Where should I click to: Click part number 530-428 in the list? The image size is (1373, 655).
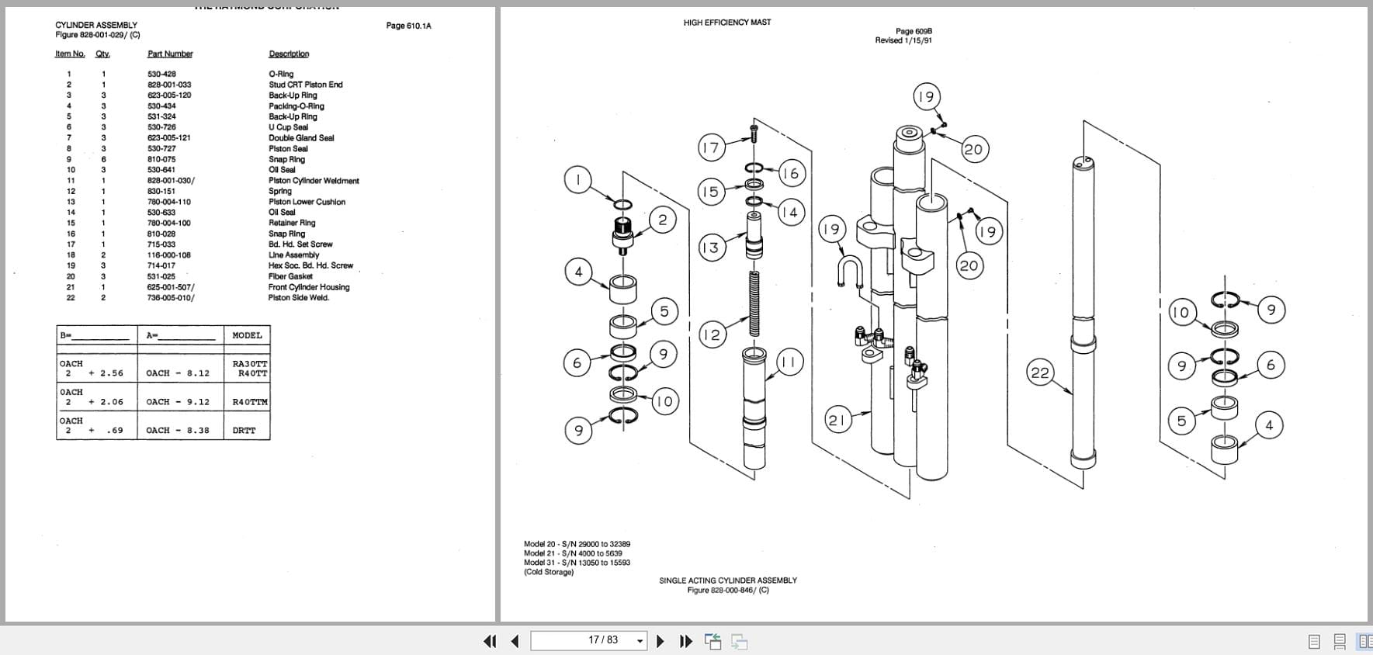tap(161, 74)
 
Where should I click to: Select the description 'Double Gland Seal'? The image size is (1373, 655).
tap(301, 138)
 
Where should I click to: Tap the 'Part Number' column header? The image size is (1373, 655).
tap(170, 54)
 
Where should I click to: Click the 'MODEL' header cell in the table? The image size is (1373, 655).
tap(247, 335)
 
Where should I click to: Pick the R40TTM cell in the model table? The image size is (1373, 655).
tap(249, 402)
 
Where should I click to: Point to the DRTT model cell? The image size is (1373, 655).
tap(244, 430)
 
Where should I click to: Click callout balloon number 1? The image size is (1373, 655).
tap(577, 180)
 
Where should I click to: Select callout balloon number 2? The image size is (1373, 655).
tap(662, 220)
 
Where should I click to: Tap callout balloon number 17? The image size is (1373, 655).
tap(711, 147)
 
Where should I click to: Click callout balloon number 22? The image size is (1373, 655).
tap(1039, 373)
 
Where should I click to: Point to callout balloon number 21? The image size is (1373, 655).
tap(836, 421)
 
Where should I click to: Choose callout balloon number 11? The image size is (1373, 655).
tap(789, 362)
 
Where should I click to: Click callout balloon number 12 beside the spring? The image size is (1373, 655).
tap(711, 334)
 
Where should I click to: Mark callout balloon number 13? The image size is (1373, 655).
tap(709, 248)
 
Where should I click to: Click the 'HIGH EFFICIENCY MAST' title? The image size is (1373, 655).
tap(726, 23)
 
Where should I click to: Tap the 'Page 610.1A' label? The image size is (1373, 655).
tap(408, 26)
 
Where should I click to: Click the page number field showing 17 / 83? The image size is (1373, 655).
tap(588, 640)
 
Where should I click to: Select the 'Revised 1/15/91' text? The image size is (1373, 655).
tap(903, 40)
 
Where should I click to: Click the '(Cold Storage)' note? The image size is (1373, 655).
tap(549, 572)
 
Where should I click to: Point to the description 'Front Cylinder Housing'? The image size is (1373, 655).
tap(309, 287)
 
